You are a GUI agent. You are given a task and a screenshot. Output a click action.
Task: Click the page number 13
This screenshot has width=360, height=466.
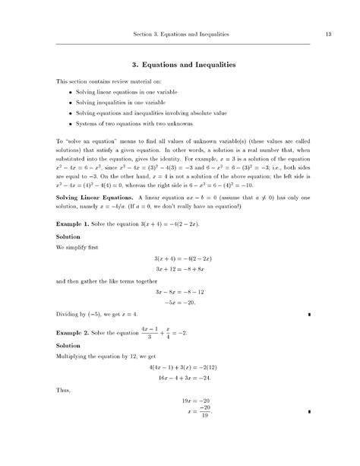point(327,34)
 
